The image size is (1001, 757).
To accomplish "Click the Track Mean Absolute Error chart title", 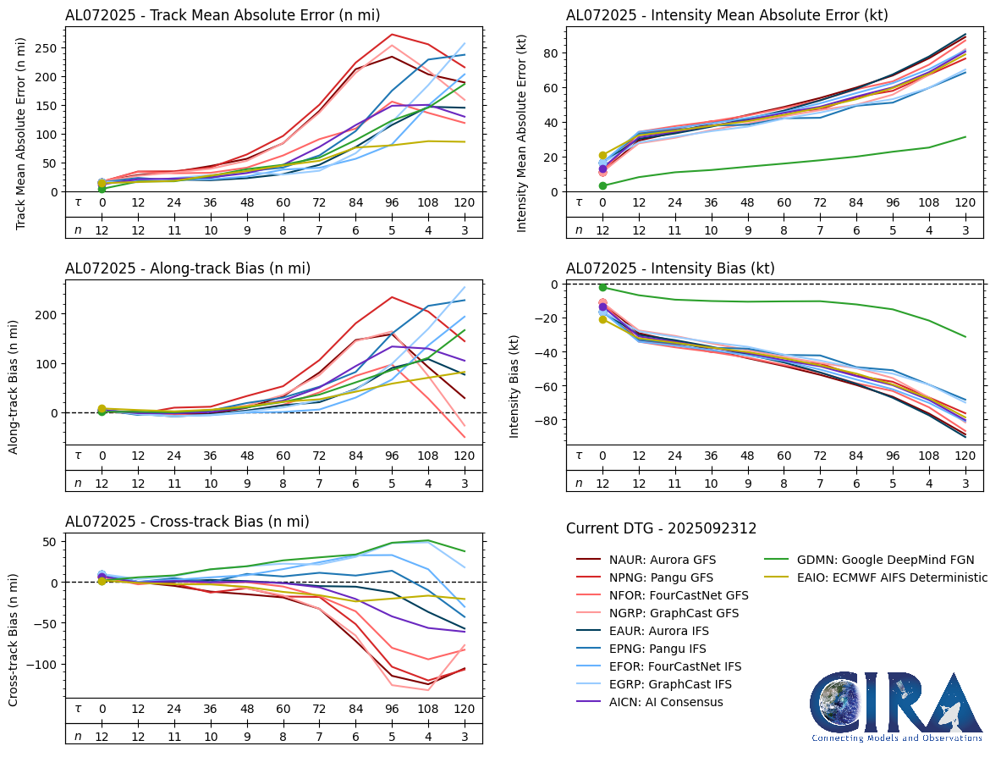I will (223, 14).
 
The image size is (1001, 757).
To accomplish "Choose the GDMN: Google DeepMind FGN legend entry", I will (885, 560).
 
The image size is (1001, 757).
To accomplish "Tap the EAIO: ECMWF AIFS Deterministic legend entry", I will (892, 577).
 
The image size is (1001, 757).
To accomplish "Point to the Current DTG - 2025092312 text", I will (661, 528).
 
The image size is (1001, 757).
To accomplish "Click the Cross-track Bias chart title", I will (187, 522).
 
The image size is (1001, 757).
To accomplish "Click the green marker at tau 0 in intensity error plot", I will (602, 185).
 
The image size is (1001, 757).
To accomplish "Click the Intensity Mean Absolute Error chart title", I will (727, 14).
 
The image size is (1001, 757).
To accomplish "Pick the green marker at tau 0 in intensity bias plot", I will (602, 287).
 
